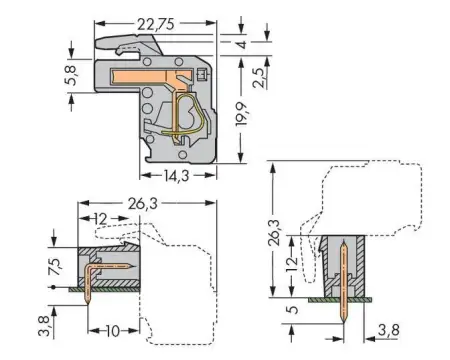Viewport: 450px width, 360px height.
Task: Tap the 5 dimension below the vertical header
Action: click(290, 311)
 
